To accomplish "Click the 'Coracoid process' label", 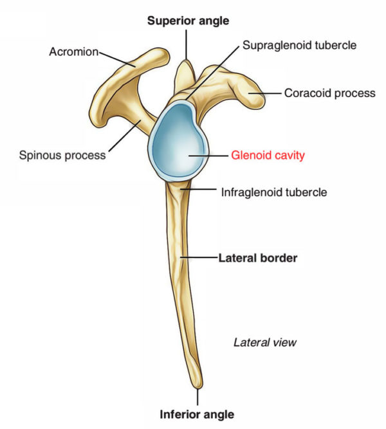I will point(329,93).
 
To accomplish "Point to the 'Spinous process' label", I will point(63,155).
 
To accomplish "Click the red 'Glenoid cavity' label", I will point(268,155).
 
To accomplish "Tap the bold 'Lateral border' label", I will point(257,258).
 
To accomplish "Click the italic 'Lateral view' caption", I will point(264,342).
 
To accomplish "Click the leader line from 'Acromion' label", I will point(116,58).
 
